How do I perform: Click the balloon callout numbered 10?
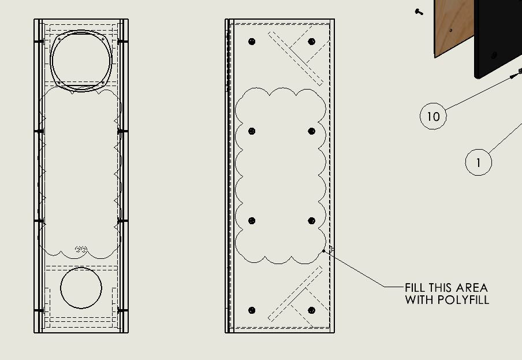(433, 116)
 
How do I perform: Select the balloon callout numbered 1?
(478, 162)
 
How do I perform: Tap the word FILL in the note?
(415, 288)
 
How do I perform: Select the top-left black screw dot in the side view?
(252, 42)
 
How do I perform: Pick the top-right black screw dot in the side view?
(312, 42)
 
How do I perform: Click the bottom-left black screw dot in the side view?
(252, 310)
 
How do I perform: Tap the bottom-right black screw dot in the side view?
(312, 310)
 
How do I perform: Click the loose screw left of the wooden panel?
(419, 12)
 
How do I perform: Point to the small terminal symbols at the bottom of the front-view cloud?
(81, 249)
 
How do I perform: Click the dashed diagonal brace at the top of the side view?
(296, 58)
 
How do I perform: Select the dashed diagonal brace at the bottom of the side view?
(296, 294)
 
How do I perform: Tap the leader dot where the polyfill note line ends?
(323, 251)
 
